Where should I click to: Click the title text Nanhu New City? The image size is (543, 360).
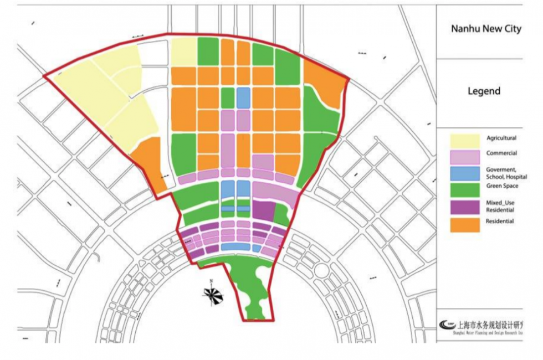coord(486,29)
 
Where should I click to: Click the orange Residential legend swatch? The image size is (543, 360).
coord(464,224)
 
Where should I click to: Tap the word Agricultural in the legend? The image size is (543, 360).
coord(501,138)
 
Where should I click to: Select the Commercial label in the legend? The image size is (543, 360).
coord(501,153)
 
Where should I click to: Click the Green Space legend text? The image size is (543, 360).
coord(501,186)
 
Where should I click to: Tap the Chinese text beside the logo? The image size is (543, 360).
coord(491,324)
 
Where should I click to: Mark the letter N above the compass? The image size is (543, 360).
coord(211,281)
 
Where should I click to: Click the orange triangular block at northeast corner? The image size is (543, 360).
coord(327,83)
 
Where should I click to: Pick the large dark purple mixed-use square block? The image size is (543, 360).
coord(264,212)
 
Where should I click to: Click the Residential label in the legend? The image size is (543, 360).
coord(500,222)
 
